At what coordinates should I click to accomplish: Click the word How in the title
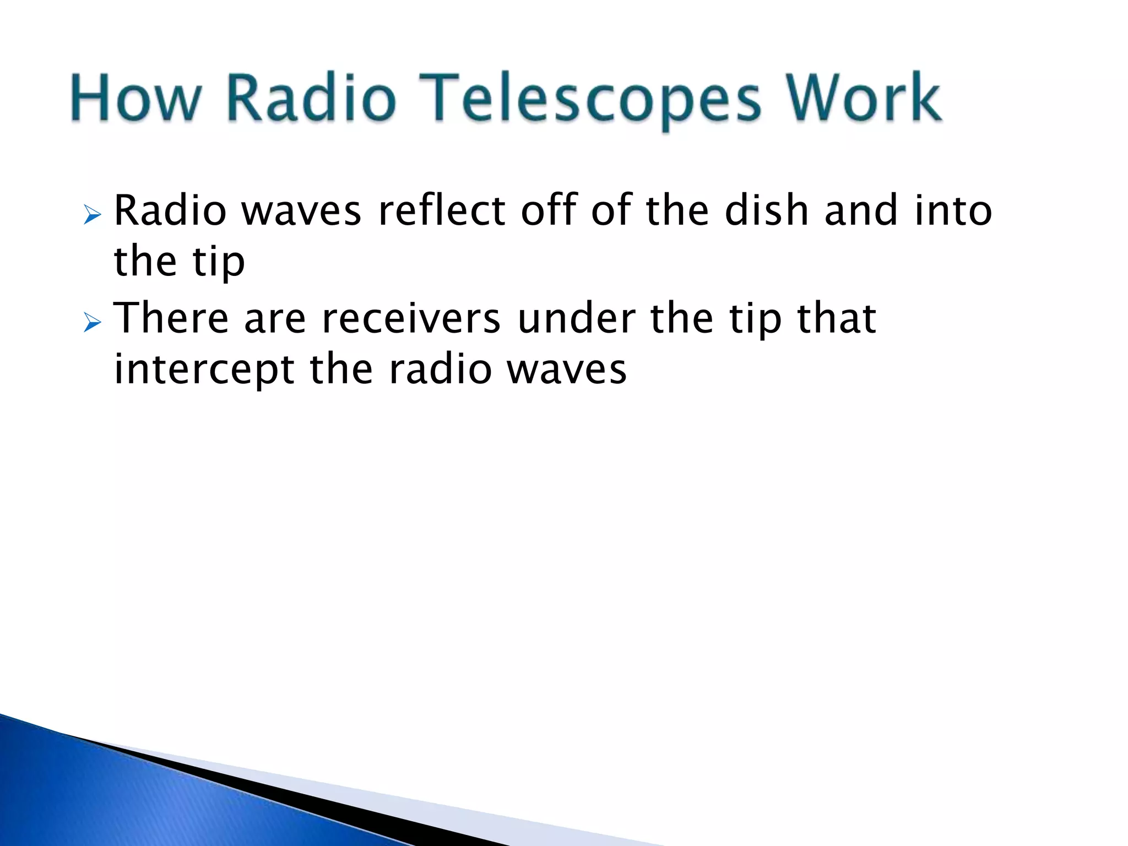(x=134, y=99)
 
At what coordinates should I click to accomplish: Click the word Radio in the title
(x=312, y=99)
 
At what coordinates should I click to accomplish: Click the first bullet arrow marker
(x=93, y=215)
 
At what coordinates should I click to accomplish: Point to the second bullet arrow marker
(x=93, y=323)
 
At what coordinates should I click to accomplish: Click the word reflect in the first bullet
(x=441, y=210)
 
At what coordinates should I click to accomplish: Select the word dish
(x=766, y=210)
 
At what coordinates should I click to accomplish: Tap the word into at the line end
(x=953, y=210)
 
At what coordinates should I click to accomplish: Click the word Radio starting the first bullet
(x=170, y=210)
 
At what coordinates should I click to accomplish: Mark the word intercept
(x=204, y=370)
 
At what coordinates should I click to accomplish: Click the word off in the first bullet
(x=547, y=210)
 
